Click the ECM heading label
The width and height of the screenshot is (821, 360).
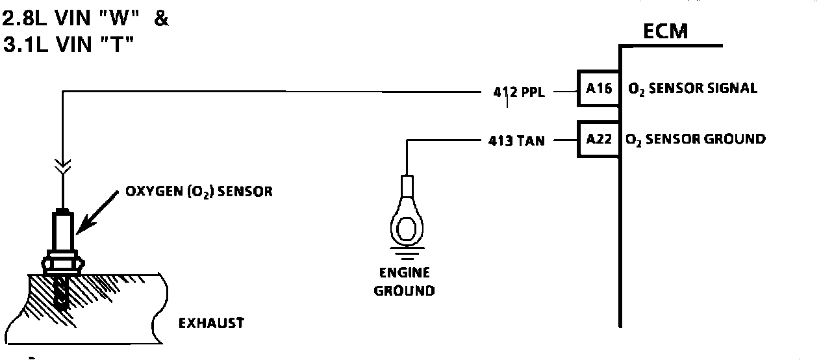(665, 31)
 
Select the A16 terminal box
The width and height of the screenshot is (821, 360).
(599, 88)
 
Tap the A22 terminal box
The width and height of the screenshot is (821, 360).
(599, 139)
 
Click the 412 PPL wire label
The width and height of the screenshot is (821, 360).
(518, 92)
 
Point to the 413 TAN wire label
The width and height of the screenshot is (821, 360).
(517, 140)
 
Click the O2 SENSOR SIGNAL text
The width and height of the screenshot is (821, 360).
(692, 88)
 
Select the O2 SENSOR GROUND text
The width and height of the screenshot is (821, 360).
(695, 139)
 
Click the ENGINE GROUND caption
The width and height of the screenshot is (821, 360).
(404, 281)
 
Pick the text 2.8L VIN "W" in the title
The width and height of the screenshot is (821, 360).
(73, 19)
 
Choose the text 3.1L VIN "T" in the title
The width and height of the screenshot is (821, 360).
(68, 46)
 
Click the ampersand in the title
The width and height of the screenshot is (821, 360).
(161, 19)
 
